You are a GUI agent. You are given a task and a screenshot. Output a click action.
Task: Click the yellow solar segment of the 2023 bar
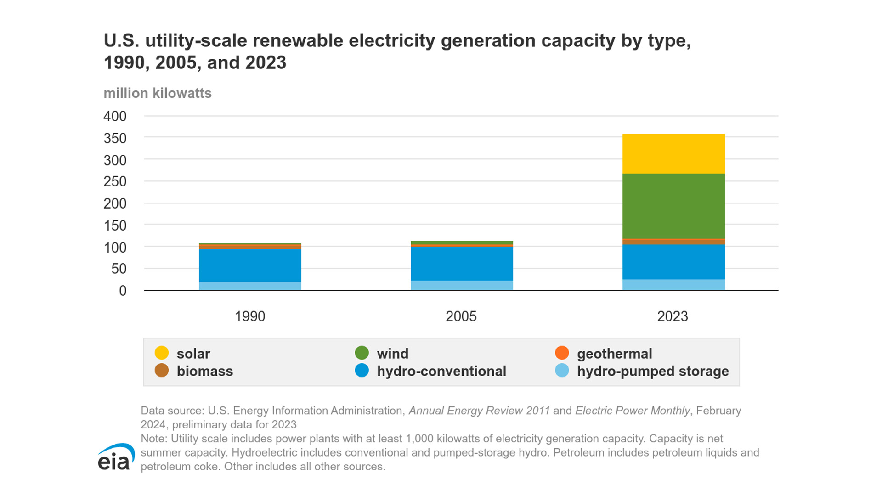(x=673, y=154)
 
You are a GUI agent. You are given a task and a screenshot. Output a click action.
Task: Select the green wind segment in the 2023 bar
(x=673, y=206)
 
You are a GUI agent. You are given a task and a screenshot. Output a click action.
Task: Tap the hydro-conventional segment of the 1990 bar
(x=250, y=265)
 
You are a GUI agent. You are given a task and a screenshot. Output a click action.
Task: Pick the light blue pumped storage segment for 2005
(x=462, y=285)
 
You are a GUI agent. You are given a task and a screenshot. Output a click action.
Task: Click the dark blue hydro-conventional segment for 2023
(x=673, y=262)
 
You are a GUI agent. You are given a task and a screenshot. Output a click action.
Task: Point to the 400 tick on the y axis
(x=115, y=116)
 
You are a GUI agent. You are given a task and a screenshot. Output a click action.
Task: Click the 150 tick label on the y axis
(x=115, y=225)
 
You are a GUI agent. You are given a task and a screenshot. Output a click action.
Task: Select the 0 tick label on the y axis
(x=123, y=291)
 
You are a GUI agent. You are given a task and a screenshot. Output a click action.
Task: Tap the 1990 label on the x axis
(x=250, y=316)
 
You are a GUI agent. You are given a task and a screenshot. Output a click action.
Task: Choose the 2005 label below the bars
(x=461, y=316)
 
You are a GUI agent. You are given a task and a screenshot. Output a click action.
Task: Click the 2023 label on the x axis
(x=673, y=316)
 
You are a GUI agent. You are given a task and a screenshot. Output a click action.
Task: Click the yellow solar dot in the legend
(x=162, y=353)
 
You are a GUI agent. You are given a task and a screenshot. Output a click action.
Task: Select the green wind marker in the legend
(x=362, y=353)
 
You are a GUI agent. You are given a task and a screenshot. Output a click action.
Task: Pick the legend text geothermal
(x=614, y=354)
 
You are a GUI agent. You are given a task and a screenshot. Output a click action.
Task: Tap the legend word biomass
(x=205, y=371)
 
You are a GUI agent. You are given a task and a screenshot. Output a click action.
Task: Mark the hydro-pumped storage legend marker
(x=562, y=370)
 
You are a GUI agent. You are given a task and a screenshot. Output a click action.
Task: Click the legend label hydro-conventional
(x=441, y=371)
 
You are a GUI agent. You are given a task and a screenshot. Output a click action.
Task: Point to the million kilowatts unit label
(x=158, y=93)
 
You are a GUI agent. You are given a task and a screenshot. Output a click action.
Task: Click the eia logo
(x=116, y=457)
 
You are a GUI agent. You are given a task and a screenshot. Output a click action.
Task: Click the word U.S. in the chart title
(x=121, y=41)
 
